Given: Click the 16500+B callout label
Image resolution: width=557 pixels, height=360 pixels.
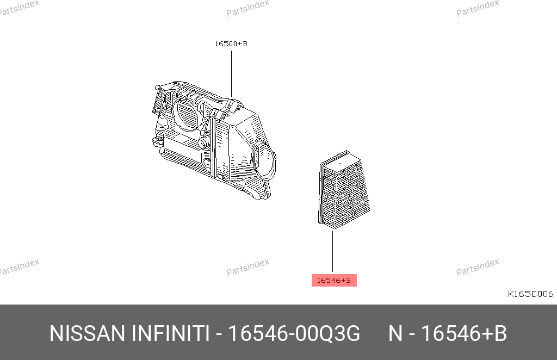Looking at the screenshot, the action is click(231, 44).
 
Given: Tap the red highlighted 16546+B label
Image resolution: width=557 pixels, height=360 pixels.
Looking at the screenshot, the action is click(334, 280).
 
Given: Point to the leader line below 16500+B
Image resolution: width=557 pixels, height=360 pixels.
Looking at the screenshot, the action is click(231, 74).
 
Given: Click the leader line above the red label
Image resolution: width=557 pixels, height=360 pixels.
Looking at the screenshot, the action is click(332, 251).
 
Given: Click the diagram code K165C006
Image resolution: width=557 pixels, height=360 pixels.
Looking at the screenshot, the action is click(530, 294).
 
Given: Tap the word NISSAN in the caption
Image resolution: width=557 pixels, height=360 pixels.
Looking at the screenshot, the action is click(88, 333).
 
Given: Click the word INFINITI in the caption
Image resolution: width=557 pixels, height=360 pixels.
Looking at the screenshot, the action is click(170, 333).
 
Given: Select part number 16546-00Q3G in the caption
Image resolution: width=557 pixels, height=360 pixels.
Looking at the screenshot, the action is click(294, 333).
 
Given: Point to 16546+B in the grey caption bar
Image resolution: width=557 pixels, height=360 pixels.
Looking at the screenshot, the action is click(463, 333).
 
